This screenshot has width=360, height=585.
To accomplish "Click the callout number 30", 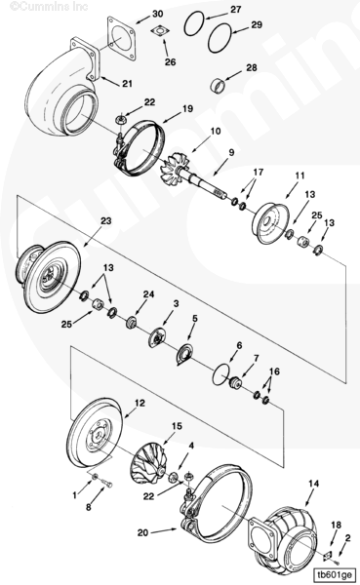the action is [x=158, y=14].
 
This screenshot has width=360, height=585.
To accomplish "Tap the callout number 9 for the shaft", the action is [x=231, y=153].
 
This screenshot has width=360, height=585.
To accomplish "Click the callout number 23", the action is [x=106, y=221].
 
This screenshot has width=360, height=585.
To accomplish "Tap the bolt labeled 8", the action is [x=106, y=485].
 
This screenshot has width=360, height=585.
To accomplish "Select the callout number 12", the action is [x=140, y=404].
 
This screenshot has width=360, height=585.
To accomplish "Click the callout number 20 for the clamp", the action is [x=142, y=532].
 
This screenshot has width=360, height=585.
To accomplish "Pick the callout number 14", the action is [x=314, y=484].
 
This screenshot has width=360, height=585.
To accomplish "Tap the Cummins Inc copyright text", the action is [x=49, y=6].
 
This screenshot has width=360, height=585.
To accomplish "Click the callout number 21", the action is [x=127, y=83].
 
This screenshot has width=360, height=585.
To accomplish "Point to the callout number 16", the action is [x=274, y=371].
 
